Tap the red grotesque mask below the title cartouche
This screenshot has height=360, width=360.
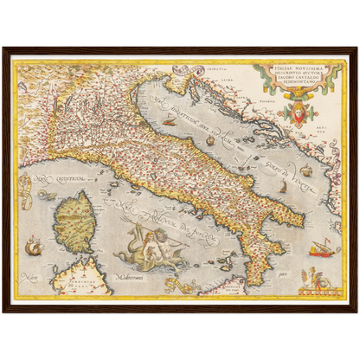pyautogui.click(x=299, y=113)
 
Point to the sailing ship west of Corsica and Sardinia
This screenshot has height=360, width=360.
pyautogui.click(x=34, y=247)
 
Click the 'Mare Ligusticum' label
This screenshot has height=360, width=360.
pyautogui.click(x=61, y=179)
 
